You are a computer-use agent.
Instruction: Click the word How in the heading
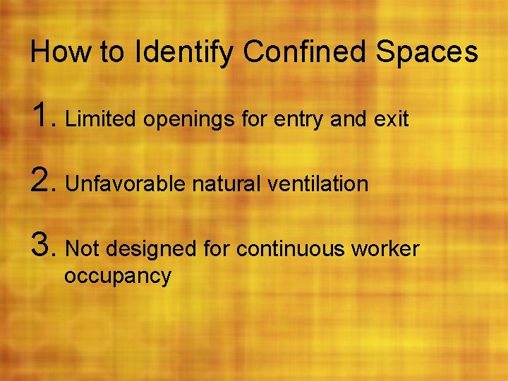click(56, 52)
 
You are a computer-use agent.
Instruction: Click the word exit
click(391, 119)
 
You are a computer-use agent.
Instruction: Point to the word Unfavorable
click(124, 184)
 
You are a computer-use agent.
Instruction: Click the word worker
click(385, 249)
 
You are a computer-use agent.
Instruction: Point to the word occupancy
click(117, 277)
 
